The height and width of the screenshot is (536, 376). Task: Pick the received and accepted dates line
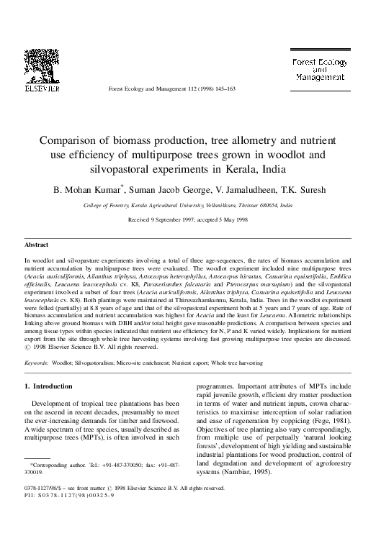(187, 219)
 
